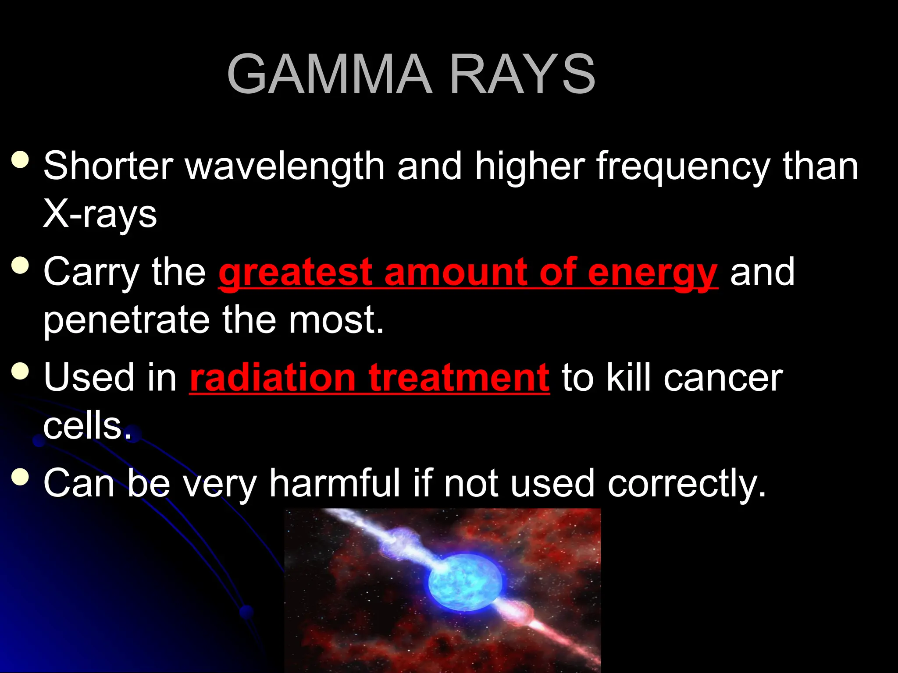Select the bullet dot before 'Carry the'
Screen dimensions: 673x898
(x=20, y=265)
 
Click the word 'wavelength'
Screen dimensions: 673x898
(x=285, y=166)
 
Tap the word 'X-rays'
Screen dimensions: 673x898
(x=100, y=215)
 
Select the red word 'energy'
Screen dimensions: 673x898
(x=652, y=273)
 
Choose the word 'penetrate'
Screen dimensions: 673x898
(x=127, y=320)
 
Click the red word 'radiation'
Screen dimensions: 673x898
(x=272, y=378)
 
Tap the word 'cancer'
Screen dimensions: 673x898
(x=723, y=378)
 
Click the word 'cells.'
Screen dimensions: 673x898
(x=87, y=426)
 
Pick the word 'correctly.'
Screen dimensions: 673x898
(x=687, y=483)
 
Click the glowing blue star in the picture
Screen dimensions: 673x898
(x=465, y=583)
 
